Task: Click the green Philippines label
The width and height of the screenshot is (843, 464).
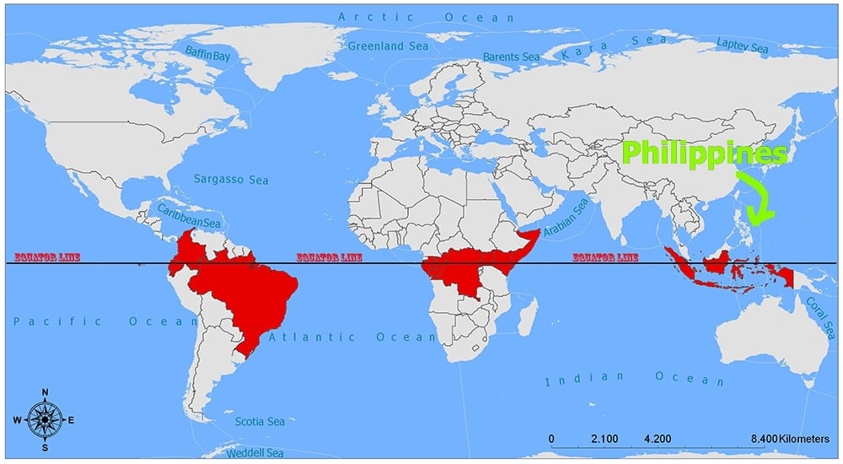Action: [705, 154]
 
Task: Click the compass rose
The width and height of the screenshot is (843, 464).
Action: [43, 419]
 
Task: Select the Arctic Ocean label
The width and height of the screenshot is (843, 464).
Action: [425, 16]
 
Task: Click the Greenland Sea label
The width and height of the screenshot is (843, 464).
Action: [388, 46]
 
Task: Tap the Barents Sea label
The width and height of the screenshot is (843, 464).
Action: [511, 57]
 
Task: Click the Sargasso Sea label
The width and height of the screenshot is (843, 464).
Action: [231, 179]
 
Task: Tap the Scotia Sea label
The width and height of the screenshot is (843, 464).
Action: [260, 421]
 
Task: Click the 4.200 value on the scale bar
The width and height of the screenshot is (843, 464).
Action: [657, 439]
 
